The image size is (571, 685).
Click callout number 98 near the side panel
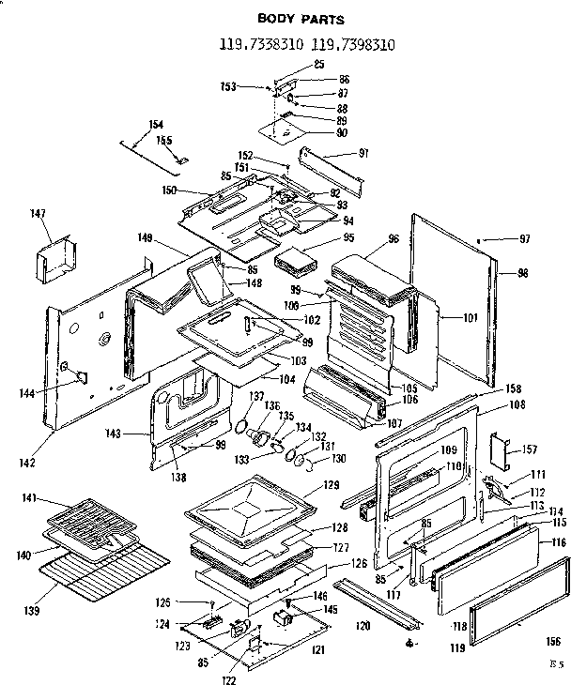pos(522,274)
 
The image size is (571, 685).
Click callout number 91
pos(364,154)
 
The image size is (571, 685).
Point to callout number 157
pos(529,448)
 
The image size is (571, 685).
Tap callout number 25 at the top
pos(317,64)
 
